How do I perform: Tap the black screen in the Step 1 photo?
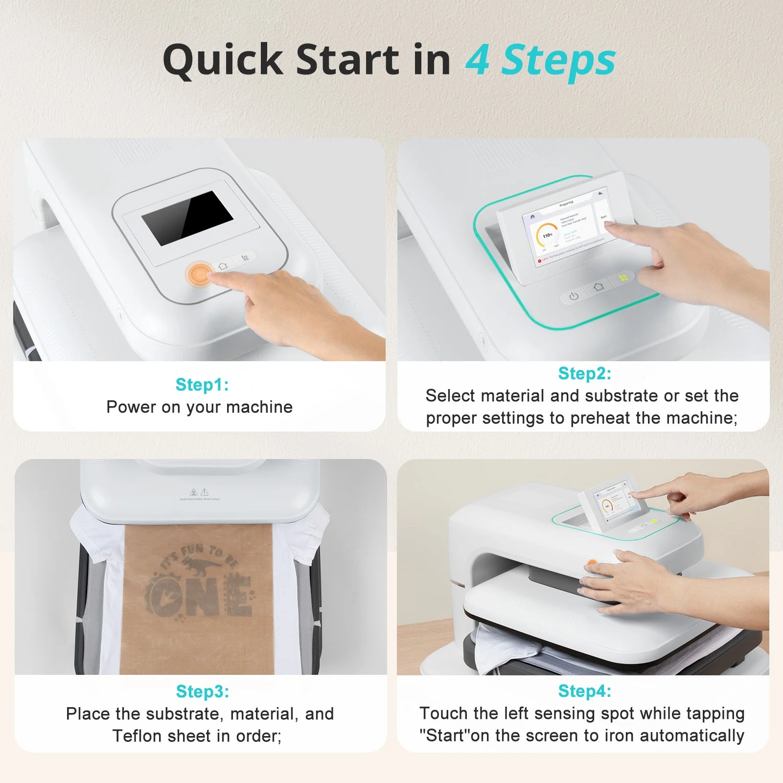tap(187, 218)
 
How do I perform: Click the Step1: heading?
tap(202, 385)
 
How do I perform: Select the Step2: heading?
tap(584, 373)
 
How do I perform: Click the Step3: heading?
tap(202, 691)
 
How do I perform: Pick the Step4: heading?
tap(584, 691)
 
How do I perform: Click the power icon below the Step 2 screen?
tap(574, 296)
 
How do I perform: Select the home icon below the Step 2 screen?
tap(598, 287)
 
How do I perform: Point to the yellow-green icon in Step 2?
tap(623, 277)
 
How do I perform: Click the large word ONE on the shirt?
tap(201, 596)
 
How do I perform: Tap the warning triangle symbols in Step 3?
tap(199, 491)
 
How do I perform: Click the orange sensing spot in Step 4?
tap(592, 564)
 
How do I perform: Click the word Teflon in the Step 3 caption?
tap(138, 736)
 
